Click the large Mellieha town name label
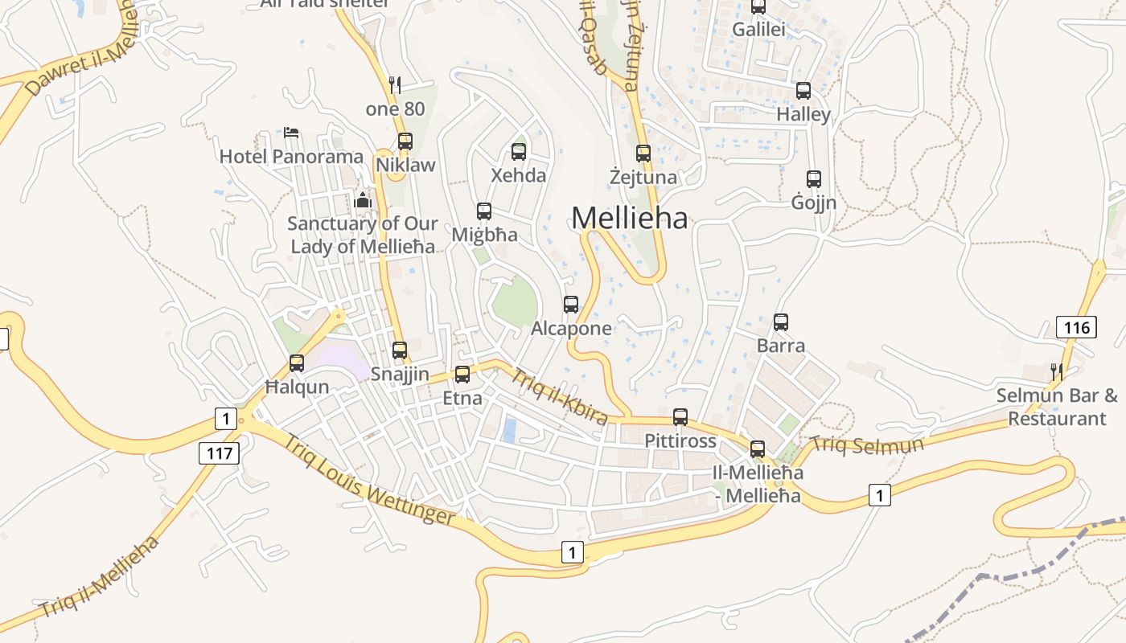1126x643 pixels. coord(630,218)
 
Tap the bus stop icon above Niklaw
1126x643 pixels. coord(405,141)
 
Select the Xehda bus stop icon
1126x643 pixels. coord(519,151)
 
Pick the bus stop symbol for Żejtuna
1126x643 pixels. coord(643,153)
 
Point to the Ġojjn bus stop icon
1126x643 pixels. coord(814,178)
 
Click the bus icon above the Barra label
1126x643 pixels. coord(781,322)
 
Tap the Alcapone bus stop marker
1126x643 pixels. coord(571,304)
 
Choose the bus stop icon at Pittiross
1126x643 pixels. coord(680,416)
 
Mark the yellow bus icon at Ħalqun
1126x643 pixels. coord(297,362)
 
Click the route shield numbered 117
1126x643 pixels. coord(219,453)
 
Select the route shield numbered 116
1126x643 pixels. coord(1076,327)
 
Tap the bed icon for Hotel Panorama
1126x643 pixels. coord(291,132)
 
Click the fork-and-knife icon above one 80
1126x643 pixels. coord(395,84)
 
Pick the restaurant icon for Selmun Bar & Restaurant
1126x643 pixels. coord(1057,371)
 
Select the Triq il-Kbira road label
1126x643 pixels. coord(559,395)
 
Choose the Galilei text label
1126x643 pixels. coord(758,30)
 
